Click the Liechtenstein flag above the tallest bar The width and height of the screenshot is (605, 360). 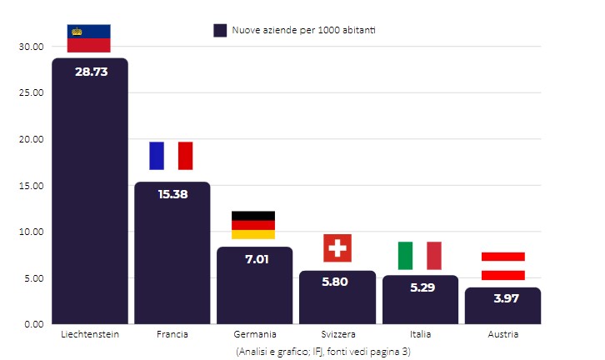pyautogui.click(x=89, y=38)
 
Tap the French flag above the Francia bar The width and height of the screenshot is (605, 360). pyautogui.click(x=171, y=156)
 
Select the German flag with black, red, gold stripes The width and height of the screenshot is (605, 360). pyautogui.click(x=253, y=225)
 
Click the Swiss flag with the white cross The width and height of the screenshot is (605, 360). pyautogui.click(x=337, y=248)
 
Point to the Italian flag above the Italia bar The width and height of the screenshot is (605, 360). pyautogui.click(x=419, y=256)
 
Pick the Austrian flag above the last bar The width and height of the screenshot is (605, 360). pyautogui.click(x=502, y=266)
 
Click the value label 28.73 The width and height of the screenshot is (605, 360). pyautogui.click(x=91, y=72)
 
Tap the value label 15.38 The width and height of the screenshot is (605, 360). pyautogui.click(x=172, y=194)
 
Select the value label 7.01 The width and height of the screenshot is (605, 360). pyautogui.click(x=255, y=259)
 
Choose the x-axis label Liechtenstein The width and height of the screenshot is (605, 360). pyautogui.click(x=90, y=334)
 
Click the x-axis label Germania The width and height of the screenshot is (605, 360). pyautogui.click(x=255, y=334)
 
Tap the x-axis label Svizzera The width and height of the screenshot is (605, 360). pyautogui.click(x=337, y=334)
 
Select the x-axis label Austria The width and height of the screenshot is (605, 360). pyautogui.click(x=502, y=334)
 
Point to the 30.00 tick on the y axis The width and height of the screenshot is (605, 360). pyautogui.click(x=30, y=47)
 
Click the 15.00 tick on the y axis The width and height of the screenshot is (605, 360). pyautogui.click(x=30, y=185)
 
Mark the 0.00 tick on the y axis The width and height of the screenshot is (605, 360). pyautogui.click(x=32, y=323)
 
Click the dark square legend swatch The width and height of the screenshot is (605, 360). pyautogui.click(x=220, y=30)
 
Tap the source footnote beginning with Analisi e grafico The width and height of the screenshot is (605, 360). pyautogui.click(x=322, y=352)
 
